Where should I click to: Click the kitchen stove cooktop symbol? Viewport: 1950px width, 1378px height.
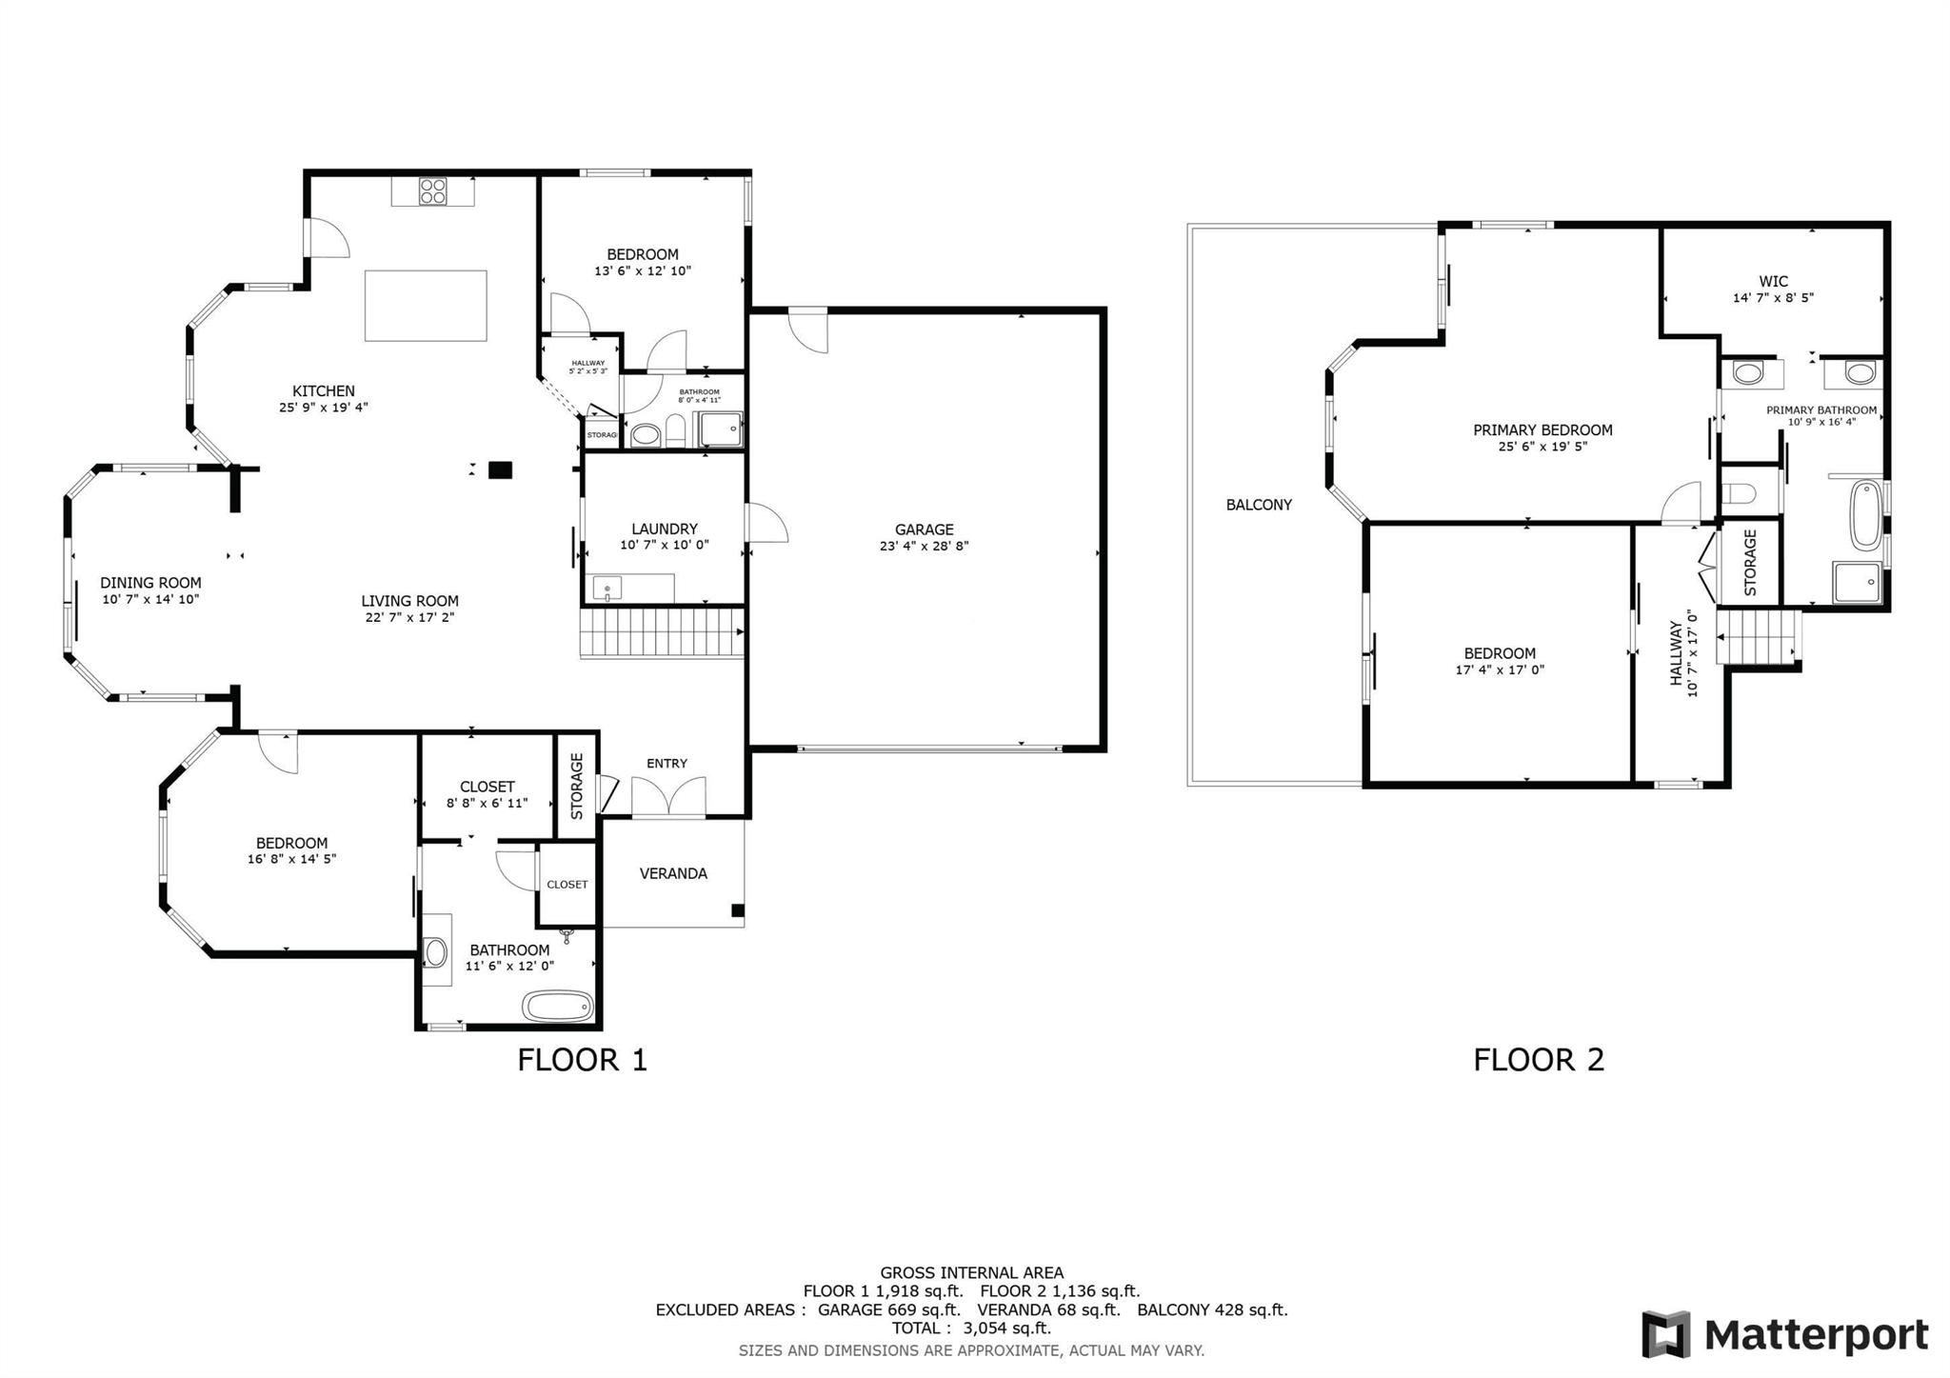433,191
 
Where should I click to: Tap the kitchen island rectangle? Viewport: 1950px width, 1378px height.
426,305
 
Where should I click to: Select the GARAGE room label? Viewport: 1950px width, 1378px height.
924,529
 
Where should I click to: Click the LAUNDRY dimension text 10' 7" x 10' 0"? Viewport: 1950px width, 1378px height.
665,546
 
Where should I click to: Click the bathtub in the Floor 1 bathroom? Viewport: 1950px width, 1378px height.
558,1006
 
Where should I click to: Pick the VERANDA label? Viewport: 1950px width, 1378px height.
673,873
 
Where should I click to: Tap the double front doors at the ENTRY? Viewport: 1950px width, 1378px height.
668,797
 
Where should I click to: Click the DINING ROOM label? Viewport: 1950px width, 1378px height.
150,583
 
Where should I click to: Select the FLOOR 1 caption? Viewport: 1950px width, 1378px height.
582,1059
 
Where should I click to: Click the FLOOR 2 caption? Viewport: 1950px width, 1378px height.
1539,1059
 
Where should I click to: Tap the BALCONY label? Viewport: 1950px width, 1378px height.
1259,505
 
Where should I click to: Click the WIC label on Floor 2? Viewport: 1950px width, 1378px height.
1773,281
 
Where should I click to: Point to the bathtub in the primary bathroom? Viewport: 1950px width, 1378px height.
1864,516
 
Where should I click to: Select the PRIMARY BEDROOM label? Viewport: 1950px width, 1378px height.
1542,429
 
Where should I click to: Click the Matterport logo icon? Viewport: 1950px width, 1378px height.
1665,1334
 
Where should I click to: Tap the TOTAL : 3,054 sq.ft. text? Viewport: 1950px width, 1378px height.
971,1328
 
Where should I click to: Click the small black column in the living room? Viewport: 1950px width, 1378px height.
500,469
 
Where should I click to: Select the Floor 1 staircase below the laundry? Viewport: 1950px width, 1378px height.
661,632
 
